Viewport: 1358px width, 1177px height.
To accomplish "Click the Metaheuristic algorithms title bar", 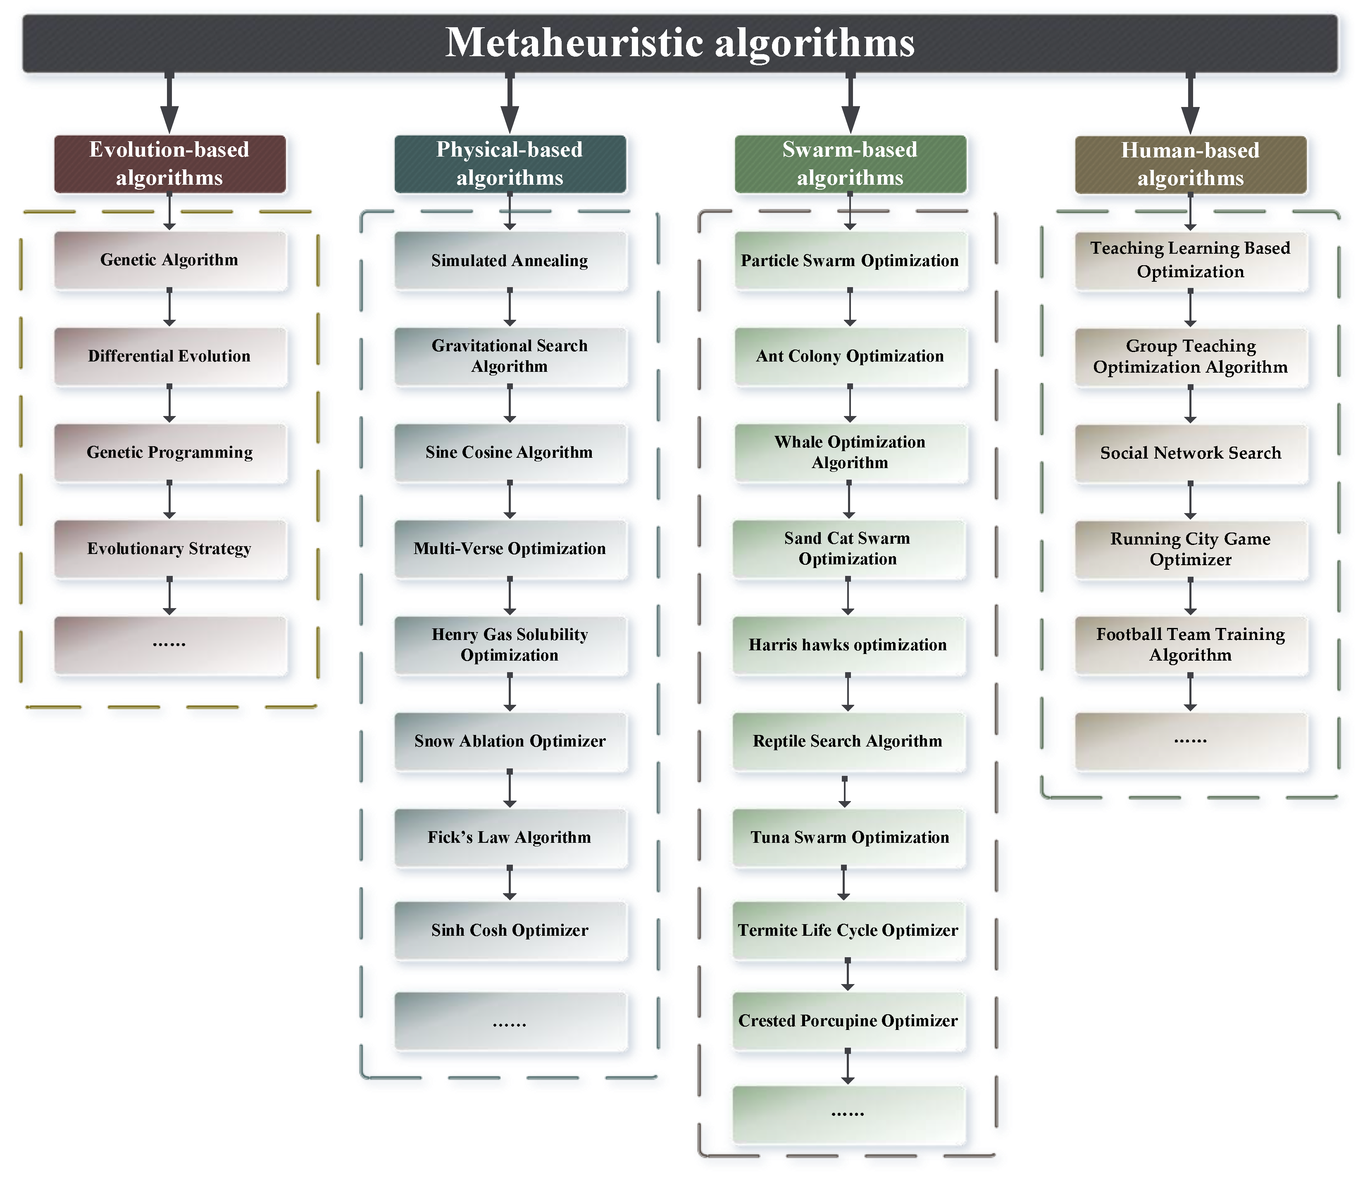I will (x=679, y=43).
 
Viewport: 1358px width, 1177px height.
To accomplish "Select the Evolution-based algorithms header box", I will (x=169, y=164).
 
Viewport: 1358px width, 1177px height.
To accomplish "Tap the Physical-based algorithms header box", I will (x=510, y=164).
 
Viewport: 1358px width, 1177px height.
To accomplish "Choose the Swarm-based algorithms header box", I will (x=850, y=164).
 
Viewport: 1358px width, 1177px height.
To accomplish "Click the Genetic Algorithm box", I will (x=169, y=260).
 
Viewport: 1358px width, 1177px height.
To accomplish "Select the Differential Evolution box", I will (x=169, y=356).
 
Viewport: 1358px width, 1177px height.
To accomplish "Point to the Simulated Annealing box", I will (x=510, y=261).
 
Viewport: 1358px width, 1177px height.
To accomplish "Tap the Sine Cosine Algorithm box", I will (x=510, y=452).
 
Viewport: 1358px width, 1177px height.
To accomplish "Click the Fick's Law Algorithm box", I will (x=510, y=837).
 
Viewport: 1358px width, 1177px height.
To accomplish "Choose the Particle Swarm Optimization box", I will (x=850, y=261).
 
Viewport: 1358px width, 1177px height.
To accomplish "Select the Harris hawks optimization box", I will (x=848, y=645).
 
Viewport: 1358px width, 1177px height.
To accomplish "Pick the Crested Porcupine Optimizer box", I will (x=848, y=1021).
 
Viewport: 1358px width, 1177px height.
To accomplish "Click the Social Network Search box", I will (x=1191, y=453).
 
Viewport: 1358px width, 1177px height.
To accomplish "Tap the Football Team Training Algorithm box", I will (x=1191, y=645).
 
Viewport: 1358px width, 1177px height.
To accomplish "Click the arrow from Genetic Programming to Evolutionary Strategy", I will (x=169, y=500).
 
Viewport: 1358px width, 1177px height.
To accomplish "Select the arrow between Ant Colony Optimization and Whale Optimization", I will (x=850, y=404).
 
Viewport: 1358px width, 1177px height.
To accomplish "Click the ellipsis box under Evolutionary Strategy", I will (x=169, y=645).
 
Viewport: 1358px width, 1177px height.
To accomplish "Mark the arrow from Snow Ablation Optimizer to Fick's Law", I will (x=510, y=789).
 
